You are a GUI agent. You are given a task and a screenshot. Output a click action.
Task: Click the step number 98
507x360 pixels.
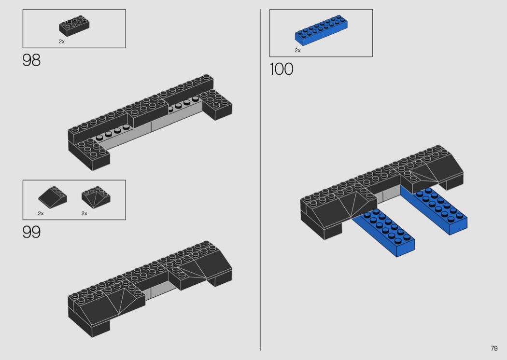click(x=31, y=60)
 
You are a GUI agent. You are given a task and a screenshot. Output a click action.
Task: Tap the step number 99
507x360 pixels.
click(x=31, y=232)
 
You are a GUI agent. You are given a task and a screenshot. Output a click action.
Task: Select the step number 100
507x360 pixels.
click(x=282, y=69)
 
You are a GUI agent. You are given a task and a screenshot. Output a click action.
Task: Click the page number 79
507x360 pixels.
click(x=494, y=348)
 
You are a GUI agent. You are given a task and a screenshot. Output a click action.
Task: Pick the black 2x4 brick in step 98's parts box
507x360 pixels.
click(x=74, y=26)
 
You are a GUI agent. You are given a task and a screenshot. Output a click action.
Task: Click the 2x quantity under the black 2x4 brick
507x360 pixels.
click(x=62, y=42)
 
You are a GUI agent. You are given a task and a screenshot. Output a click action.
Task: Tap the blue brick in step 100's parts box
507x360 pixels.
click(x=321, y=30)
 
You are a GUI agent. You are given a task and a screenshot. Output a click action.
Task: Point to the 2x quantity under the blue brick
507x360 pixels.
click(x=297, y=50)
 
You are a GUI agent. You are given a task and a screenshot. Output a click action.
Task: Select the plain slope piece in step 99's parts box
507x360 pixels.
click(x=52, y=195)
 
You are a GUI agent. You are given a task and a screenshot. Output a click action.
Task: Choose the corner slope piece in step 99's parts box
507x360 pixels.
click(x=96, y=196)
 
